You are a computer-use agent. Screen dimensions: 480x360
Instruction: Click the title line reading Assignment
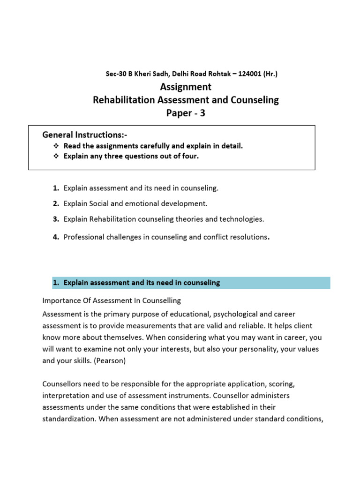coord(186,87)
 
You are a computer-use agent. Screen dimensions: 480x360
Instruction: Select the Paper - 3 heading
coord(186,113)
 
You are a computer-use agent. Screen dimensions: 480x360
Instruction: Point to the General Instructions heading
coord(85,135)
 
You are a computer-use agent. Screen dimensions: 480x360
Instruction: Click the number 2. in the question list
coord(56,203)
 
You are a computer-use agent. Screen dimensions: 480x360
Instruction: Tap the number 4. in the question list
coord(56,237)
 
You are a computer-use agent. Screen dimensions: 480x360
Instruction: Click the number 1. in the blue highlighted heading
coord(56,283)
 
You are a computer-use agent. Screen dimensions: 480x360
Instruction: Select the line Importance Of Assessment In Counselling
coord(112,300)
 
